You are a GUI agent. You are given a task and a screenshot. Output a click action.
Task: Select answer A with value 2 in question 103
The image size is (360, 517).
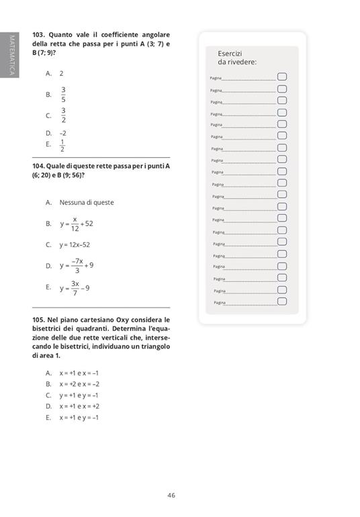click(x=61, y=73)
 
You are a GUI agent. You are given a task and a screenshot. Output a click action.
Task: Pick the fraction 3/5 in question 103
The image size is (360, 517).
click(x=63, y=94)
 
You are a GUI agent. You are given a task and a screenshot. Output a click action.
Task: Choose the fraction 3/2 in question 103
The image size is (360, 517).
click(x=63, y=115)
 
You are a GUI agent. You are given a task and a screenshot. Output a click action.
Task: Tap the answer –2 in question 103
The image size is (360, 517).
click(x=62, y=133)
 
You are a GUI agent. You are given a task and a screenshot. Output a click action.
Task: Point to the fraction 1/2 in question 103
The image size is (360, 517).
click(x=62, y=145)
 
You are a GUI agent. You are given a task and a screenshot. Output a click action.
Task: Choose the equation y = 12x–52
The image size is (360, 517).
click(x=74, y=245)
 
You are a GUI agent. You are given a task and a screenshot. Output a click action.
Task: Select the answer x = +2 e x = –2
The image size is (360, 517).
click(x=79, y=384)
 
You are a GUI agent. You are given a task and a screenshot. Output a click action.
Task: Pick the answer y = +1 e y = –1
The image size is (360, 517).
click(x=79, y=395)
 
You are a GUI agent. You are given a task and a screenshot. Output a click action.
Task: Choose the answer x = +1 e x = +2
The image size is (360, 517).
click(x=79, y=406)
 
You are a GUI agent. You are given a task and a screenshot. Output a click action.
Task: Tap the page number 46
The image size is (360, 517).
click(x=171, y=496)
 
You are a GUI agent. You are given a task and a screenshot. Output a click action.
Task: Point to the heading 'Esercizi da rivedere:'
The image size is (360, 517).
click(x=236, y=58)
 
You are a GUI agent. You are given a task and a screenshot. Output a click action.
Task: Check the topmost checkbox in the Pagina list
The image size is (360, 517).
click(x=282, y=77)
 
